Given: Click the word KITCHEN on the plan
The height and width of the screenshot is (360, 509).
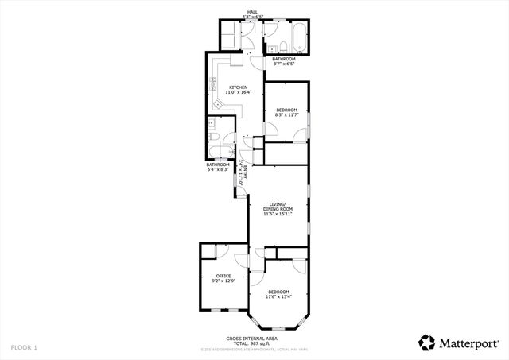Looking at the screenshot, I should [238, 87].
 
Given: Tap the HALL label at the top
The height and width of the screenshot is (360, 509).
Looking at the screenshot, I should [252, 12].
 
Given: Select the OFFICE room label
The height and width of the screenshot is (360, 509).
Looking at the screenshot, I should [223, 276].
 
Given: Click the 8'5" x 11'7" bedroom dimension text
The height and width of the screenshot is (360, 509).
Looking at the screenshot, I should [286, 114].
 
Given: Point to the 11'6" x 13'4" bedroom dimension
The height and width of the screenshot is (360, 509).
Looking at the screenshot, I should [279, 297].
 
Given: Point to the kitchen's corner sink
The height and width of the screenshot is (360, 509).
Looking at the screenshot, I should [218, 104].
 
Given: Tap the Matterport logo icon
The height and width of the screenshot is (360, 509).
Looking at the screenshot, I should [427, 343].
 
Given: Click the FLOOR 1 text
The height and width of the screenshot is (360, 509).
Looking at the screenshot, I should [24, 347].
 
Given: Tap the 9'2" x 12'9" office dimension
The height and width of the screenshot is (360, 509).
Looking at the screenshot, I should [223, 281].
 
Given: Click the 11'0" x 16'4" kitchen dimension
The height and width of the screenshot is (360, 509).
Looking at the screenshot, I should [238, 93].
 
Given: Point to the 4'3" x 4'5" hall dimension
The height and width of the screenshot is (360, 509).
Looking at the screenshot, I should [252, 17].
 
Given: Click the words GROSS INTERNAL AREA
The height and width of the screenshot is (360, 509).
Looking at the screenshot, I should [250, 338].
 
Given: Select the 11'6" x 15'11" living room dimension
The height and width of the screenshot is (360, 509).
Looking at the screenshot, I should [278, 214].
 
